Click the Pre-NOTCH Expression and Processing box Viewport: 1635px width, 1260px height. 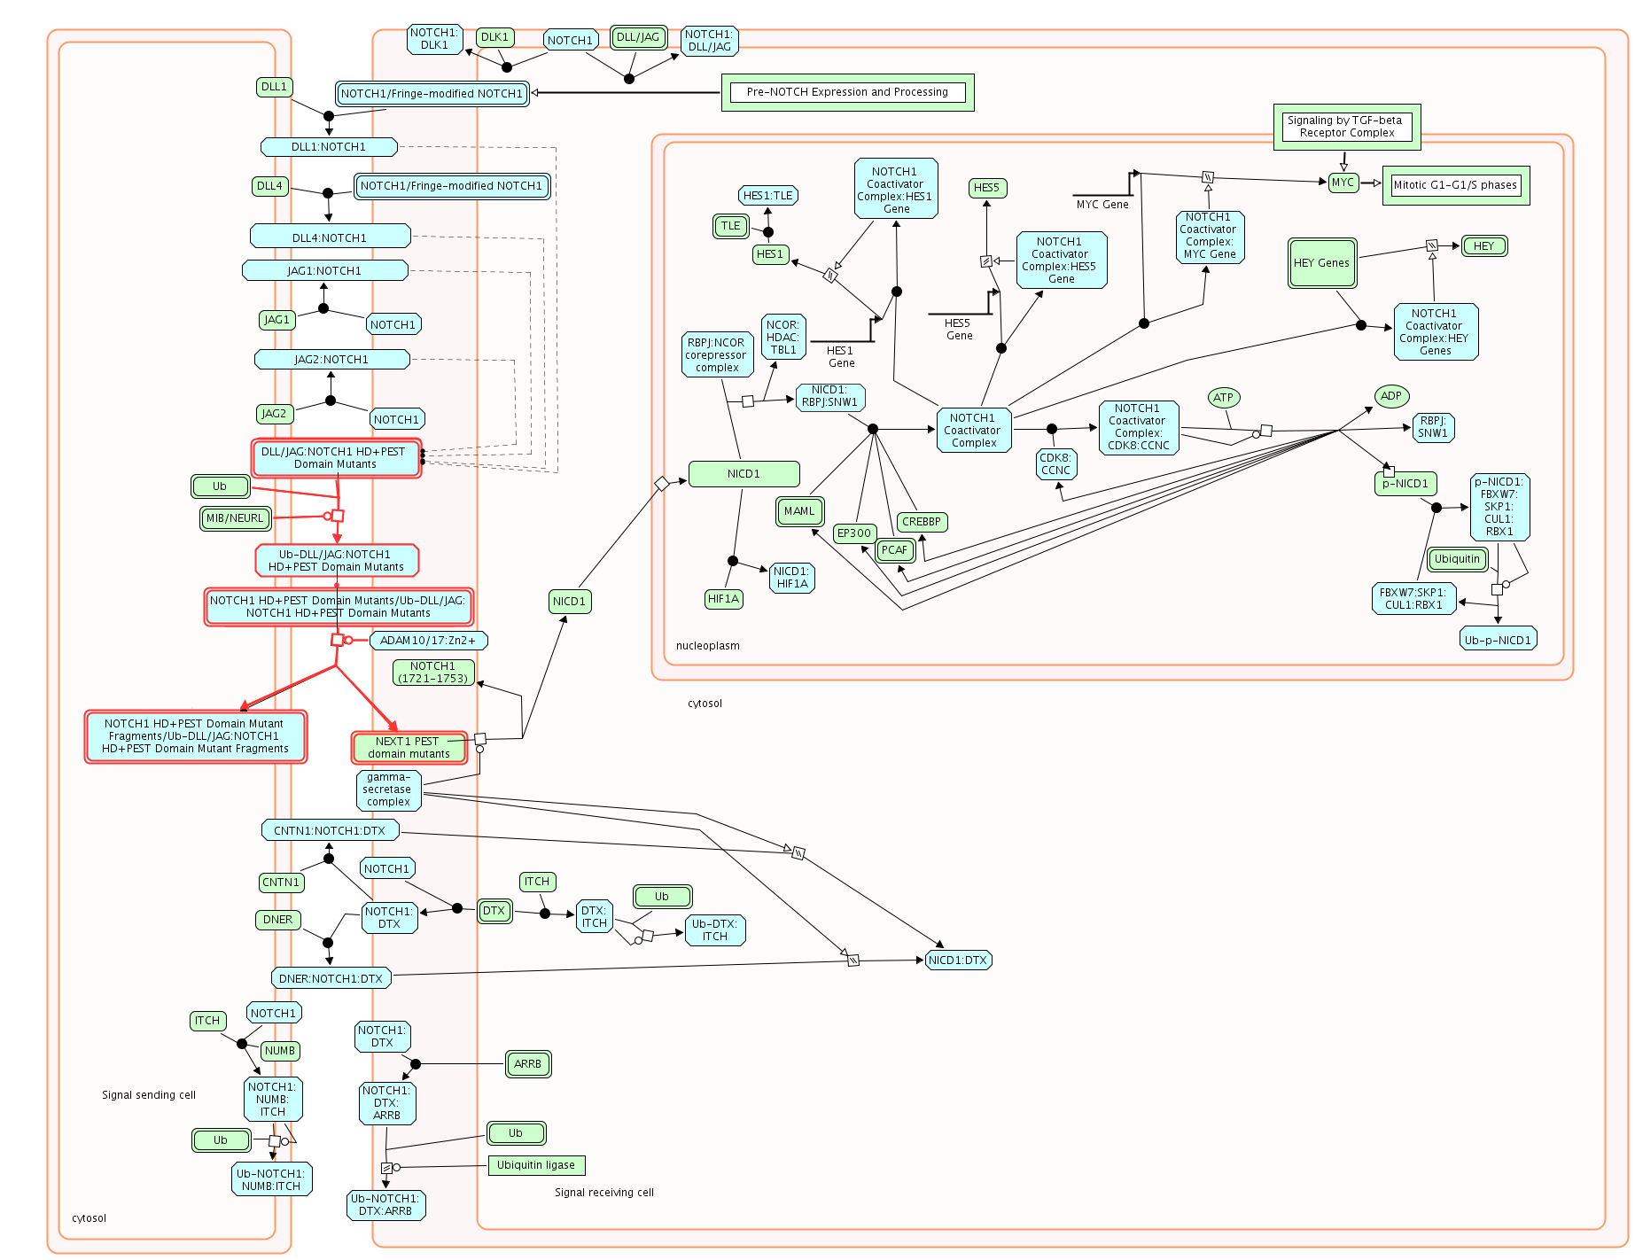tap(847, 92)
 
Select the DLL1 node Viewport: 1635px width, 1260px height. tap(274, 87)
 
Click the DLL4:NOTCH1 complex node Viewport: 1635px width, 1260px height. tap(330, 237)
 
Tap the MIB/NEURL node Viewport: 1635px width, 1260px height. tap(235, 518)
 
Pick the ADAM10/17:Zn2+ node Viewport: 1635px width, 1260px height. tap(427, 640)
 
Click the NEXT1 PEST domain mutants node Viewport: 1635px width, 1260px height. tap(409, 748)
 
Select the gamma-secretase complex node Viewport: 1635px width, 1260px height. tap(388, 789)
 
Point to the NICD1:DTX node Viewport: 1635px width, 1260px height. tap(958, 960)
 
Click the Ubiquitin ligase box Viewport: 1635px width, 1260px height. tap(536, 1165)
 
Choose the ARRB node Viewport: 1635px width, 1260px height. tap(527, 1064)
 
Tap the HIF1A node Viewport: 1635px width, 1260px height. tap(723, 599)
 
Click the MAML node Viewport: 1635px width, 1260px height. tap(799, 511)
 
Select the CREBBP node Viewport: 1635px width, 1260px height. tap(922, 522)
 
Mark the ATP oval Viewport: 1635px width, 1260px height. tap(1223, 398)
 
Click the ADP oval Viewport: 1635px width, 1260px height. tap(1391, 396)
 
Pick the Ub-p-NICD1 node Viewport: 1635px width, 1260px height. tap(1498, 640)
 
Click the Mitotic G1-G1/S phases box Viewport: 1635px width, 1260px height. tap(1455, 185)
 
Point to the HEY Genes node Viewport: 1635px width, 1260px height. tap(1321, 263)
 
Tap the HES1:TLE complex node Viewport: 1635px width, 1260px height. tap(767, 196)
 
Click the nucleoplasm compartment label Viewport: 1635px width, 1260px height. tap(707, 646)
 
